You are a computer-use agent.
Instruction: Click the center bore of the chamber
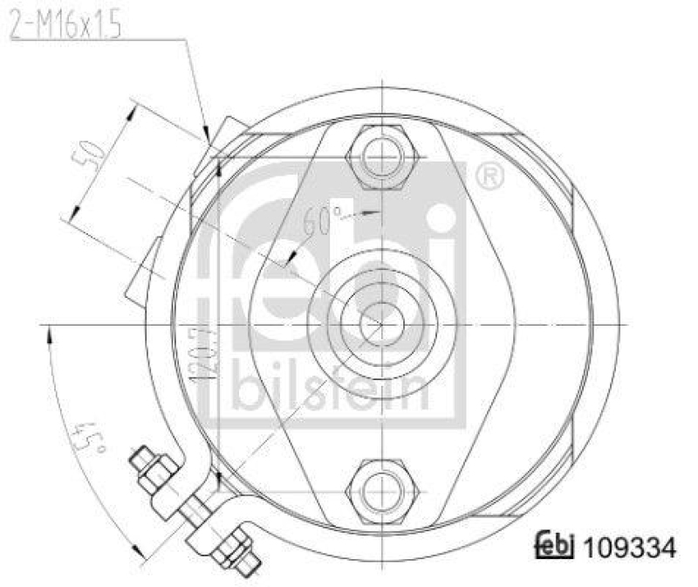pos(380,324)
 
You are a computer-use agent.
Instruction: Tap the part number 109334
pos(627,549)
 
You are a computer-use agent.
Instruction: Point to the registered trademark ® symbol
pos(489,177)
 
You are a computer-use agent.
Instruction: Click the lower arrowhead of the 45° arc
pos(134,549)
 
